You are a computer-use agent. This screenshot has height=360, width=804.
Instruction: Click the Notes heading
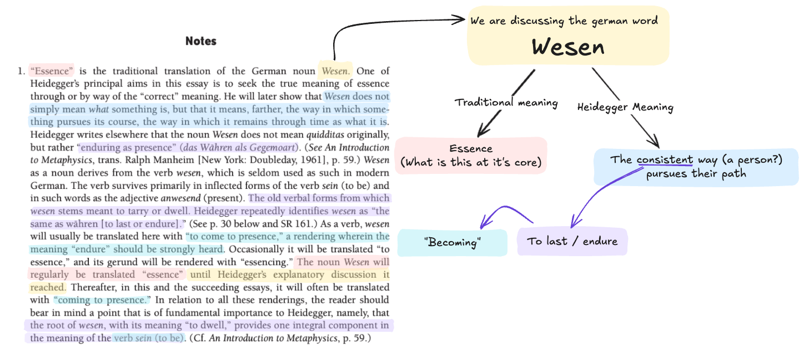tap(201, 41)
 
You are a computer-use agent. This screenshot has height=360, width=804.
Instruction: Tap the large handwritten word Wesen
tap(568, 47)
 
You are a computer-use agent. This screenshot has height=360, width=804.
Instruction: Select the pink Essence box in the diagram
tap(471, 156)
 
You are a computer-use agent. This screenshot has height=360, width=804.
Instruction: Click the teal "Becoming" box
tap(452, 242)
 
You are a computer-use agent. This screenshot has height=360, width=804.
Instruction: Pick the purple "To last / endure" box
tap(572, 242)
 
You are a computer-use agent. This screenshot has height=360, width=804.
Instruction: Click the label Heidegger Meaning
tap(625, 107)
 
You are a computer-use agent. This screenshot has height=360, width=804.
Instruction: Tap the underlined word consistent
tap(665, 160)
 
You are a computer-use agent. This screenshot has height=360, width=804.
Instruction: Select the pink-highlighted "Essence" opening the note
tap(52, 71)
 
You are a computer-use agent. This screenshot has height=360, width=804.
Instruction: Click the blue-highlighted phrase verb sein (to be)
tap(148, 338)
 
